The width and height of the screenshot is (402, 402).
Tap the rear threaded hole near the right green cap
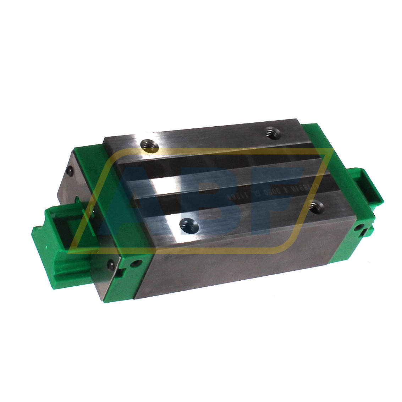pyautogui.click(x=272, y=134)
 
